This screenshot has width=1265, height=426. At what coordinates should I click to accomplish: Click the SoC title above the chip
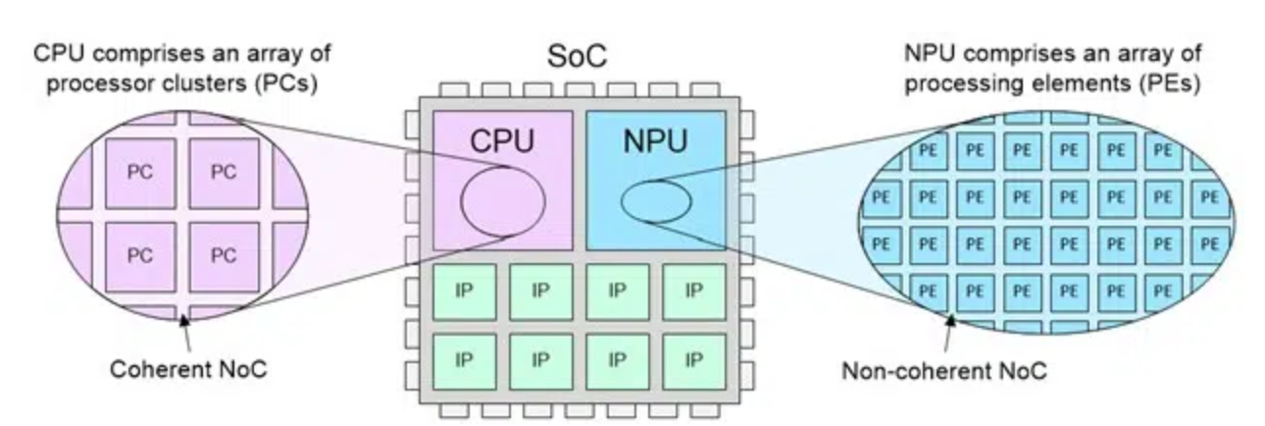[x=576, y=56]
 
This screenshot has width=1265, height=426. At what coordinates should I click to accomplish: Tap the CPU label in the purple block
[x=502, y=140]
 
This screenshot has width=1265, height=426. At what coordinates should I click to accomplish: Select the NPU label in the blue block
[x=654, y=140]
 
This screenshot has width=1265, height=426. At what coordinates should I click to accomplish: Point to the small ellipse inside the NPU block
[x=656, y=201]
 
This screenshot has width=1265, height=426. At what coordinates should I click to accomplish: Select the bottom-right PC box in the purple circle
[x=224, y=255]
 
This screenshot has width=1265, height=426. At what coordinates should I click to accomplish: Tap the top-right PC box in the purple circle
[x=224, y=172]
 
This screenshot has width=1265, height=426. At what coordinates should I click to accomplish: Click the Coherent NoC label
[x=188, y=370]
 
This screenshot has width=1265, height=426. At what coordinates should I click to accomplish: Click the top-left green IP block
[x=464, y=291]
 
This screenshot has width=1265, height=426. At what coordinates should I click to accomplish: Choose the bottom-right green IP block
[x=693, y=359]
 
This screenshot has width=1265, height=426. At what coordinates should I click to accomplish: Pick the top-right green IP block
[x=693, y=291]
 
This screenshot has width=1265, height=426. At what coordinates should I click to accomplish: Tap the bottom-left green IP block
[x=464, y=359]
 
